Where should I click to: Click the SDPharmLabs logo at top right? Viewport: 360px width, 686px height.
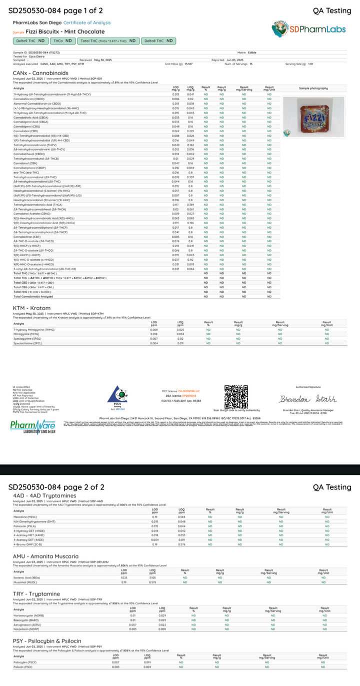point(308,29)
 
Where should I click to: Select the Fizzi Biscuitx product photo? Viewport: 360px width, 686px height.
point(306,116)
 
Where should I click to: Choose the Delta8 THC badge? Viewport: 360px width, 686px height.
point(159,41)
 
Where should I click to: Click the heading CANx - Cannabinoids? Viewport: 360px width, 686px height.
point(40,73)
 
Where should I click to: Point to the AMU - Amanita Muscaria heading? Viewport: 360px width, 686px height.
point(45,556)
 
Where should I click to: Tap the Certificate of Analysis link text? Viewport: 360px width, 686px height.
point(89,23)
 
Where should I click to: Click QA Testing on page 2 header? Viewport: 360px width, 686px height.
point(332,487)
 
